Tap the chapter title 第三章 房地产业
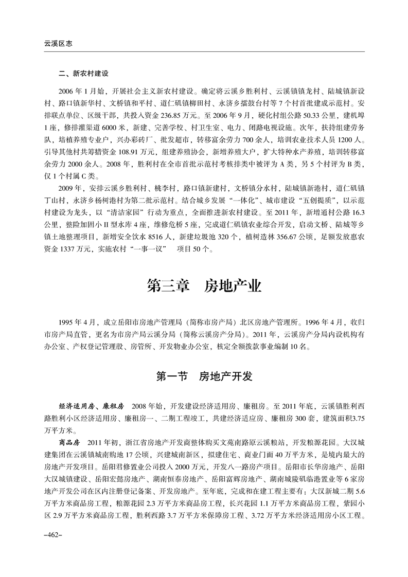pos(204,285)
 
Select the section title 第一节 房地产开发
pos(204,376)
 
